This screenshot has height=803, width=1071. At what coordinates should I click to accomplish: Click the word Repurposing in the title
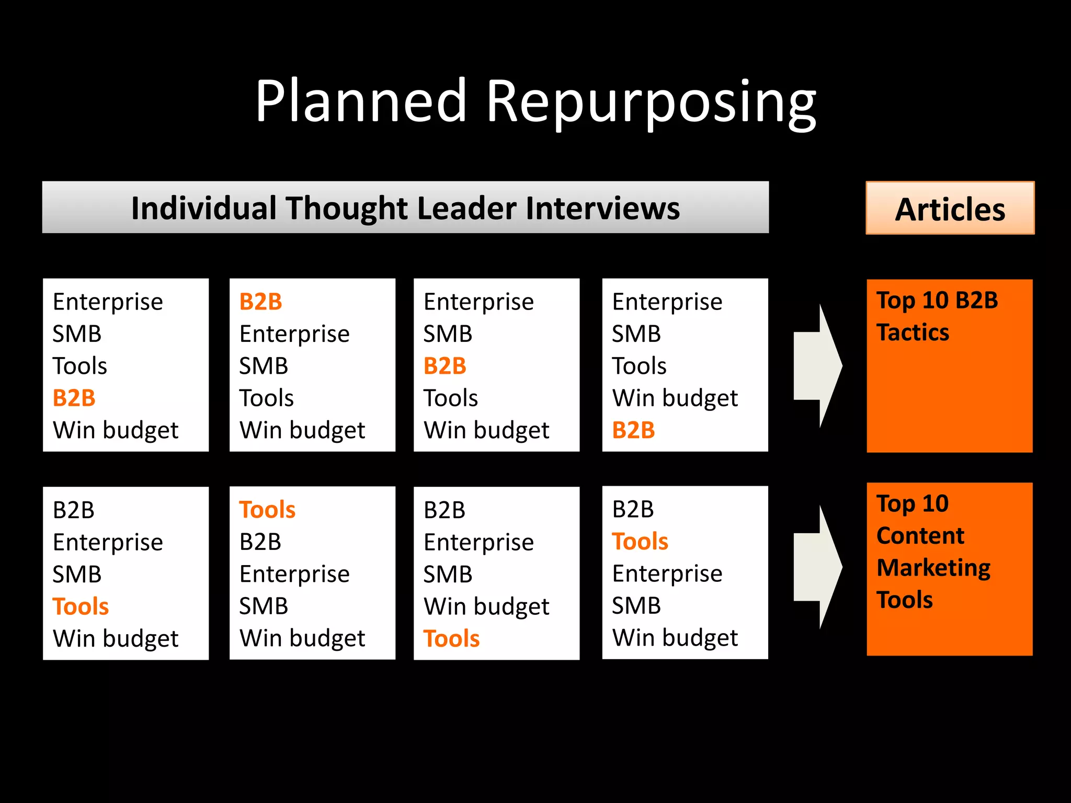[x=651, y=102]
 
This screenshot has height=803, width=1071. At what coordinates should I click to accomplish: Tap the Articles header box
[x=950, y=209]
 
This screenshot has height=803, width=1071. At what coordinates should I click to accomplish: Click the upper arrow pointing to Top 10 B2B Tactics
[x=817, y=366]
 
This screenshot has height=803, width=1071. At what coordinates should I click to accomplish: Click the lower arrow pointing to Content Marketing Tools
[x=817, y=567]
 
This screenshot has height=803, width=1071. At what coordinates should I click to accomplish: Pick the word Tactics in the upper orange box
[x=913, y=332]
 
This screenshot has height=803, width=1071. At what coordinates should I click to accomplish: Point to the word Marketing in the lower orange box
[x=933, y=568]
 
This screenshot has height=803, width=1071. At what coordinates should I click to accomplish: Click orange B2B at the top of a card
[x=260, y=302]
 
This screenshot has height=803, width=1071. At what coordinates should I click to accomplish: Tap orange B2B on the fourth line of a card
[x=74, y=398]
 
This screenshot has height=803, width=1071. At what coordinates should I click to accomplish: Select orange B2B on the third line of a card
[x=445, y=366]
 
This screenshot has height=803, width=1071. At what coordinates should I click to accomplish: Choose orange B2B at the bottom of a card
[x=633, y=430]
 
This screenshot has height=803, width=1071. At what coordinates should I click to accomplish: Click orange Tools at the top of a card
[x=267, y=510]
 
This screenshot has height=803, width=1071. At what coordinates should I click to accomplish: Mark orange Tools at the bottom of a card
[x=451, y=639]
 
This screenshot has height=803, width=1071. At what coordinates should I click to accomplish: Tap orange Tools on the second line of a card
[x=640, y=542]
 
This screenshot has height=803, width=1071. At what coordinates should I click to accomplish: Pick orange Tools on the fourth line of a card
[x=81, y=606]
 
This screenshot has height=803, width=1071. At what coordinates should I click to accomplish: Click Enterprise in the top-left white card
[x=108, y=302]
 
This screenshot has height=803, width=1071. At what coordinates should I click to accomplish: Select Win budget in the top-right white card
[x=675, y=398]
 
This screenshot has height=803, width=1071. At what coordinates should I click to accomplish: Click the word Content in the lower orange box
[x=920, y=536]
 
